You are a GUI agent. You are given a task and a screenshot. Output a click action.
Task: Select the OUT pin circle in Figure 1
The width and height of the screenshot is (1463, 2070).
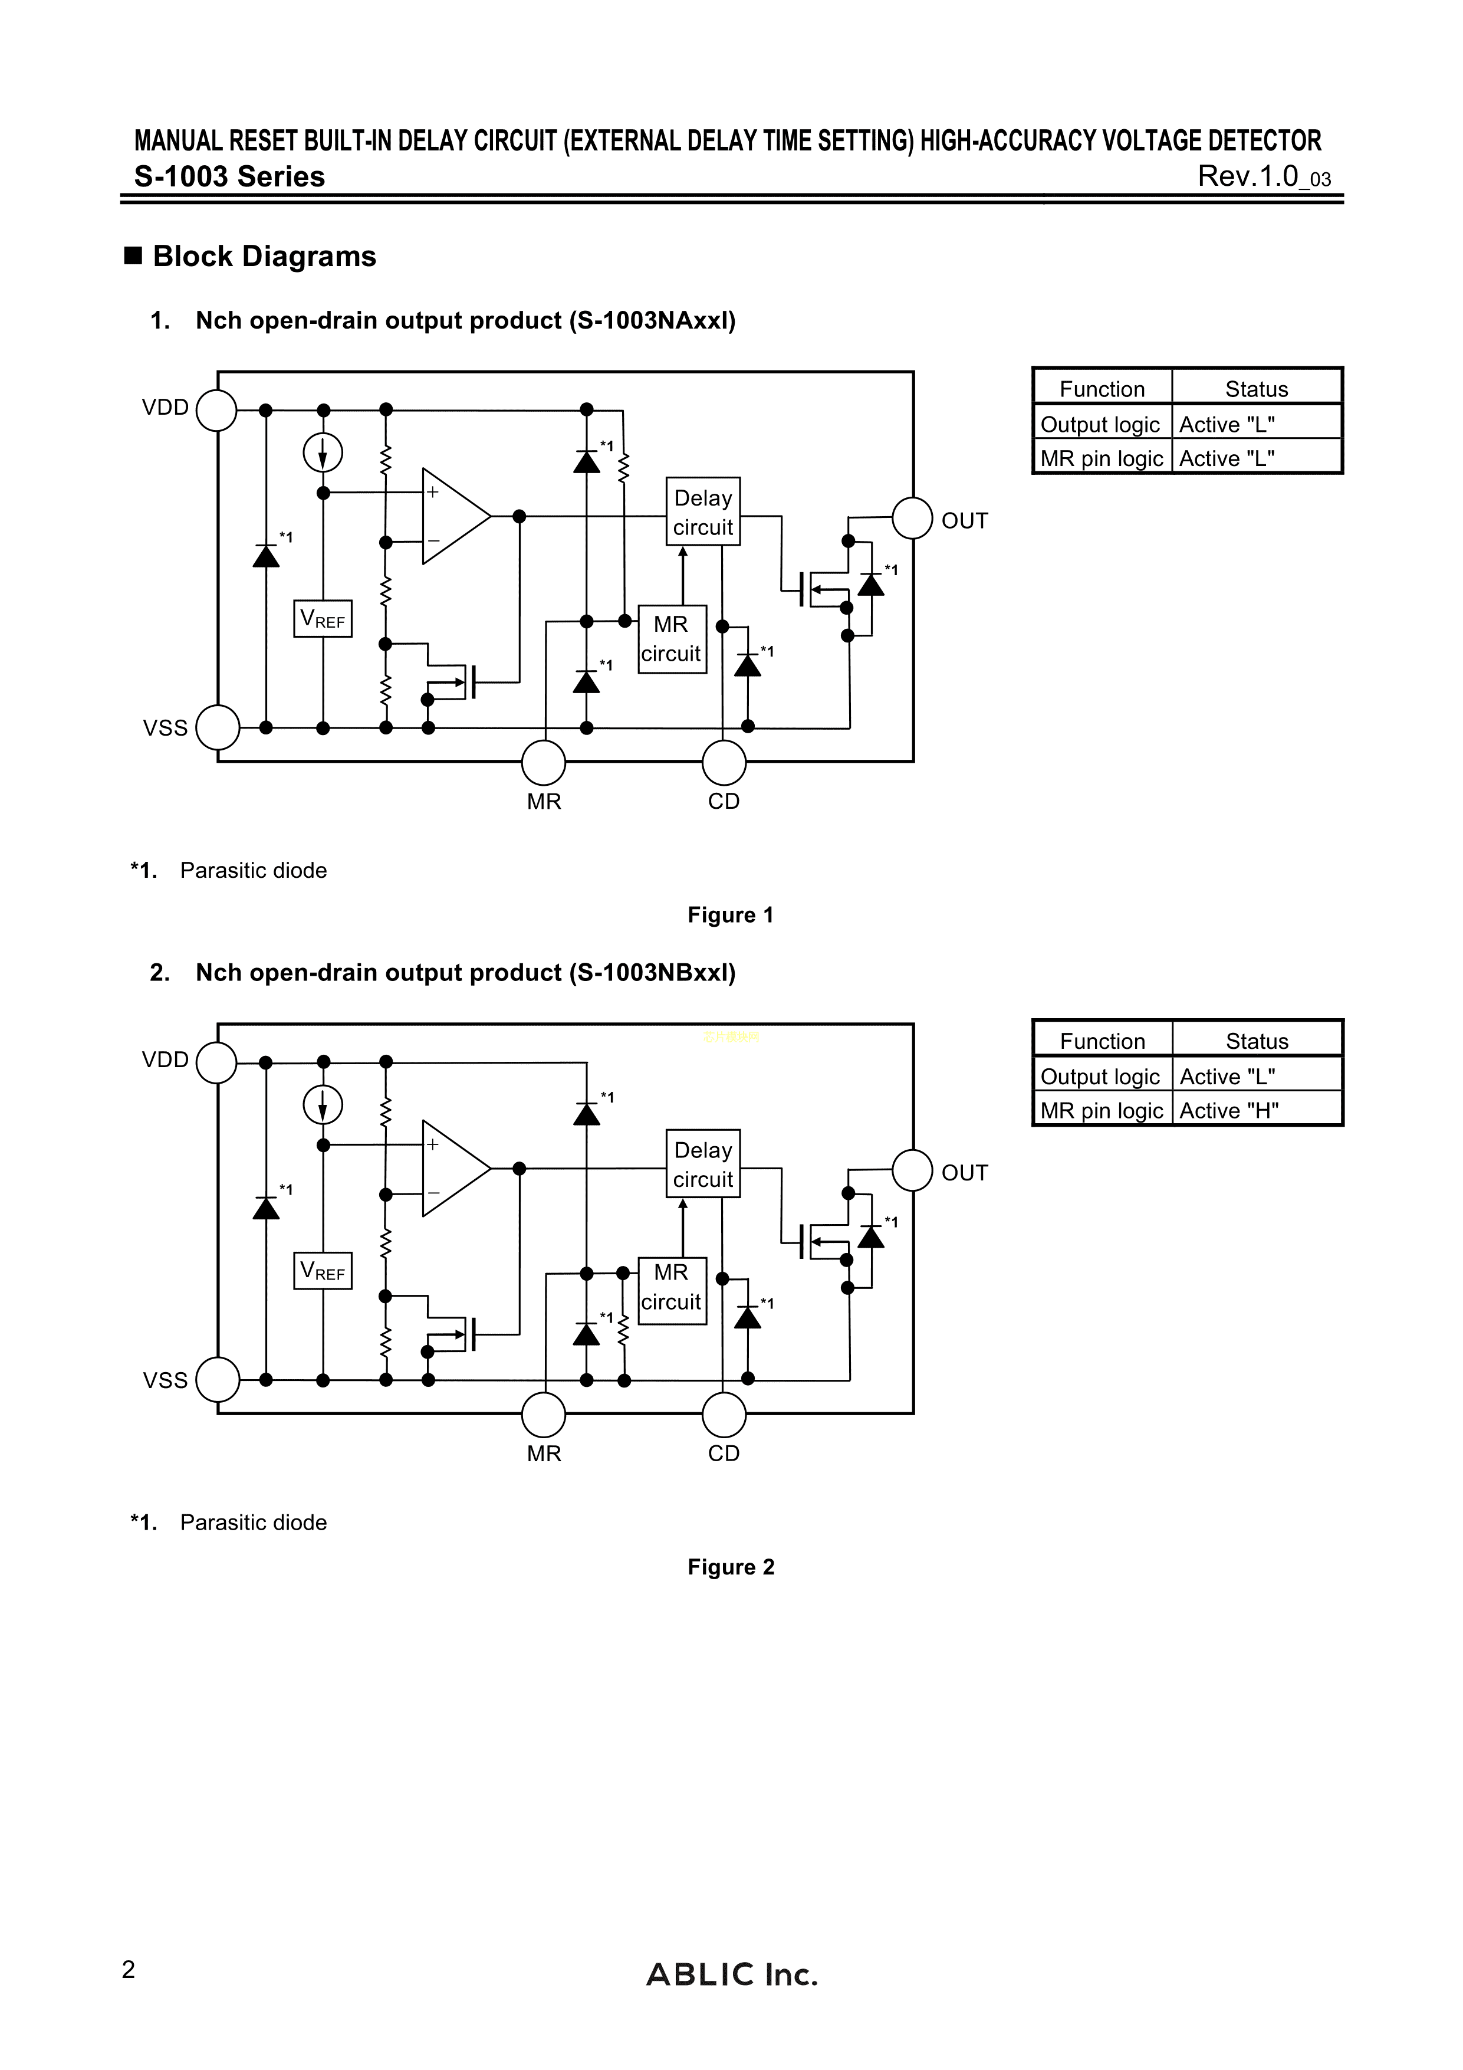[912, 519]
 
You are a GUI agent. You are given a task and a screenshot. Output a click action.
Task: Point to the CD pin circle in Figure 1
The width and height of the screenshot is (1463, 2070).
[724, 763]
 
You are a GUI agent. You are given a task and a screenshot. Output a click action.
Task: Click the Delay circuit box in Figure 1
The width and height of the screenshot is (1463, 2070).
[703, 512]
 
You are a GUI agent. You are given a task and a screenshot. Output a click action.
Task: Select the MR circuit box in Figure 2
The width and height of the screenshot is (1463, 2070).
[672, 1290]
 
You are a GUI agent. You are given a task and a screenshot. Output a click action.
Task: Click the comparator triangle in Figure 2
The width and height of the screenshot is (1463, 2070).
[452, 1169]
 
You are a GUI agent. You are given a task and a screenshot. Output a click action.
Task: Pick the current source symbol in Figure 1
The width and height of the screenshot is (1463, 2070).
[323, 452]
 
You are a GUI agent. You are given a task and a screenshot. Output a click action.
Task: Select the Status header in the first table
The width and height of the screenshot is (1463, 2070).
[1257, 389]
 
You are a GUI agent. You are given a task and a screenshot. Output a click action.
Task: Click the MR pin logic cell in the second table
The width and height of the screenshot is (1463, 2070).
[1102, 1111]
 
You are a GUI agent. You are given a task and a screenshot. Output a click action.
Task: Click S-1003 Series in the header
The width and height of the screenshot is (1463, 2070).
[230, 177]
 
